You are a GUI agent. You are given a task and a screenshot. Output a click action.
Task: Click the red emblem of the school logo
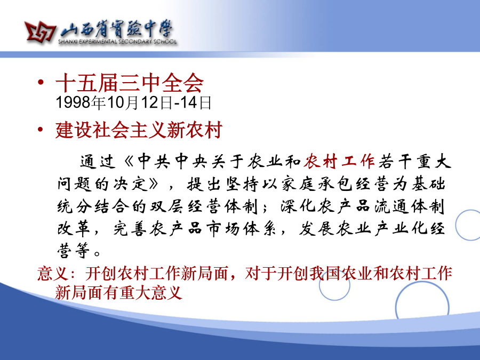pyautogui.click(x=40, y=31)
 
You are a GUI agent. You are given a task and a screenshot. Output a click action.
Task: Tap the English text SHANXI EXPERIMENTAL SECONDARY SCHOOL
pyautogui.click(x=117, y=42)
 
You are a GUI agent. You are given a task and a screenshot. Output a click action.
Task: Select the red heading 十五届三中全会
pyautogui.click(x=130, y=83)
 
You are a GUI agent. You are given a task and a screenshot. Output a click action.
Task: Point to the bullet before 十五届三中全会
pyautogui.click(x=41, y=82)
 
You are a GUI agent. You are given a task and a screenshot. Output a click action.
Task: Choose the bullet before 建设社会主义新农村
pyautogui.click(x=41, y=129)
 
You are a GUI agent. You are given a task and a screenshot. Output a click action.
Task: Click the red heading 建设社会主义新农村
pyautogui.click(x=139, y=130)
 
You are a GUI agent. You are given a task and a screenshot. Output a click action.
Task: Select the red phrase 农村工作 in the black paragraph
pyautogui.click(x=339, y=161)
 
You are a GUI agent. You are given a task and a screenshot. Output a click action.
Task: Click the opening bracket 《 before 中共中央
pyautogui.click(x=130, y=162)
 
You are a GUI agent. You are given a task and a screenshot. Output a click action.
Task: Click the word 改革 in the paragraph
pyautogui.click(x=74, y=228)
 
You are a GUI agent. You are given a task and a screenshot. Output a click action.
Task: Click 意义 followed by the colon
pyautogui.click(x=52, y=274)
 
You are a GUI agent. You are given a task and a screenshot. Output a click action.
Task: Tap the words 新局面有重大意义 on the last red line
pyautogui.click(x=119, y=292)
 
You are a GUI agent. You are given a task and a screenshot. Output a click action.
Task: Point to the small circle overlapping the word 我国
pyautogui.click(x=319, y=285)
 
